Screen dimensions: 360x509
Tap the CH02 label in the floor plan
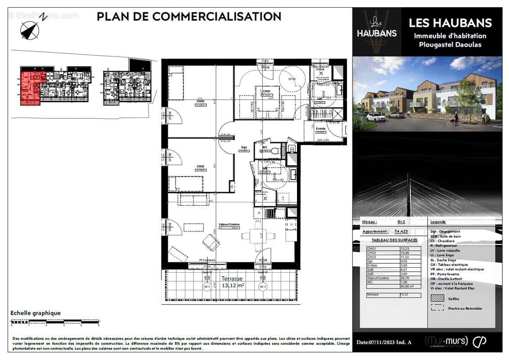click(x=200, y=102)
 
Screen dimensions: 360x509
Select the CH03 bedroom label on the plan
click(x=200, y=166)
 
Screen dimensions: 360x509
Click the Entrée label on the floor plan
click(x=320, y=129)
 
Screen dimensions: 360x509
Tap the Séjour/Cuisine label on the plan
click(x=228, y=224)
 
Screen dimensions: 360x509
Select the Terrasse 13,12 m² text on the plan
click(x=232, y=282)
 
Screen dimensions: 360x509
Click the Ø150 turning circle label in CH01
click(x=292, y=79)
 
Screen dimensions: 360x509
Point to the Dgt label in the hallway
click(x=244, y=147)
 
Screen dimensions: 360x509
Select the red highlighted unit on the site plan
click(x=30, y=87)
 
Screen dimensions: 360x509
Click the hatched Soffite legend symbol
click(x=437, y=298)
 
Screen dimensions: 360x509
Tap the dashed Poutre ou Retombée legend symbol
click(x=437, y=308)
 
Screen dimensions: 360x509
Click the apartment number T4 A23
click(x=401, y=231)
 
